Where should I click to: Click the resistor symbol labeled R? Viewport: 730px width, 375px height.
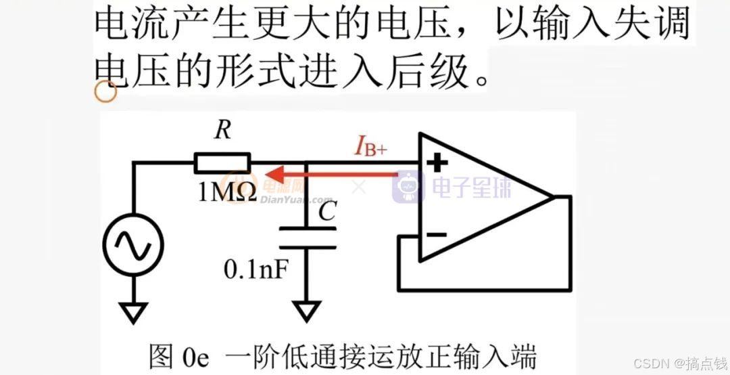(x=222, y=163)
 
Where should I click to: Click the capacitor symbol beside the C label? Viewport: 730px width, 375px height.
(x=308, y=238)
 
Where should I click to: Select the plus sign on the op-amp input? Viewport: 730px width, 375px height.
(x=437, y=162)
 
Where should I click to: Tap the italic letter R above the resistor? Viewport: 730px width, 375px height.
(x=222, y=131)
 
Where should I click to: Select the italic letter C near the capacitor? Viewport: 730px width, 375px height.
(x=327, y=213)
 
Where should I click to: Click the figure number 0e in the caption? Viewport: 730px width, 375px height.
(x=201, y=357)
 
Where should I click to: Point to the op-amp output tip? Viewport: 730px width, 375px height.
(x=553, y=196)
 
